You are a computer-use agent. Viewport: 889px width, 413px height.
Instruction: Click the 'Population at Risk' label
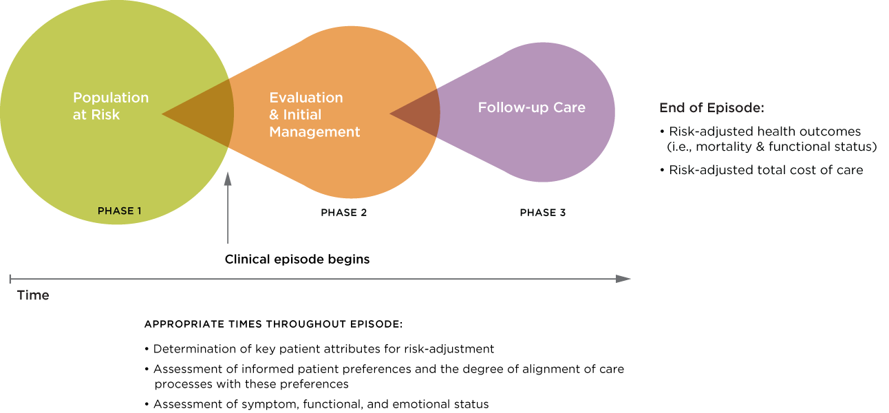click(x=110, y=106)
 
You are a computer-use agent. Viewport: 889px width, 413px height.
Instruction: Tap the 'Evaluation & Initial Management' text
click(x=314, y=114)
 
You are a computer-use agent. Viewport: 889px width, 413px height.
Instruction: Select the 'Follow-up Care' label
click(x=531, y=107)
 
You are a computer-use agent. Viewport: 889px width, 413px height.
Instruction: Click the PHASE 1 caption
click(x=119, y=211)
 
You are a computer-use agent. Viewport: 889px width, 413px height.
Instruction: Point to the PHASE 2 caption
click(x=343, y=213)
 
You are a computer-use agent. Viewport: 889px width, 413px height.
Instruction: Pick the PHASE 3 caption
click(x=542, y=213)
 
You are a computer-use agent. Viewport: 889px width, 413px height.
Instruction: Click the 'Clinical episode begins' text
click(x=297, y=260)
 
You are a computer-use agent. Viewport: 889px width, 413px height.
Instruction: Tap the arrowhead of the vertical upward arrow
click(x=228, y=178)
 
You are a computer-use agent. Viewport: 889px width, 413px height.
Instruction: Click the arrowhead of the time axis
click(x=623, y=279)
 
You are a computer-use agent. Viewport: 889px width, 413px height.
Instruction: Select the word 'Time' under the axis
click(x=33, y=295)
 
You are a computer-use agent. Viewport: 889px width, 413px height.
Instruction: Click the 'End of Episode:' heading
click(x=711, y=108)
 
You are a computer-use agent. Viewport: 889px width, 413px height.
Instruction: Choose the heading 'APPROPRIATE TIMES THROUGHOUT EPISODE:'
click(x=273, y=324)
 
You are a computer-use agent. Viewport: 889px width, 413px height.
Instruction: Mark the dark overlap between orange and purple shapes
click(x=420, y=114)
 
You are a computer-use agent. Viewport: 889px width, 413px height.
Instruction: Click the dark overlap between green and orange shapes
click(x=206, y=114)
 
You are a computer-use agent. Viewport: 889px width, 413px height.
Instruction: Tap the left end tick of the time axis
click(x=10, y=279)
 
